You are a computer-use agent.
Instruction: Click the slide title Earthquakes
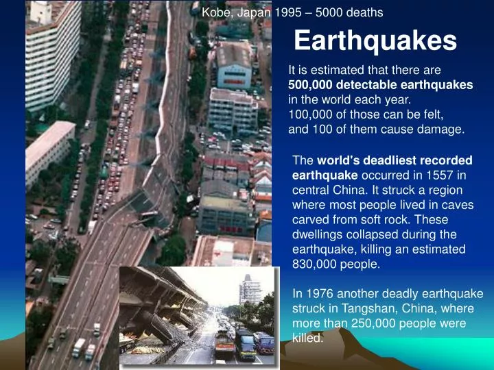click(x=375, y=41)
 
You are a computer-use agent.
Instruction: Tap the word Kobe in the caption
click(x=214, y=12)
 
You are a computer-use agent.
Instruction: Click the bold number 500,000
click(x=312, y=84)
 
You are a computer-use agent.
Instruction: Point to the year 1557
click(x=432, y=175)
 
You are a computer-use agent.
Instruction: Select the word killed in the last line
click(x=307, y=337)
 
